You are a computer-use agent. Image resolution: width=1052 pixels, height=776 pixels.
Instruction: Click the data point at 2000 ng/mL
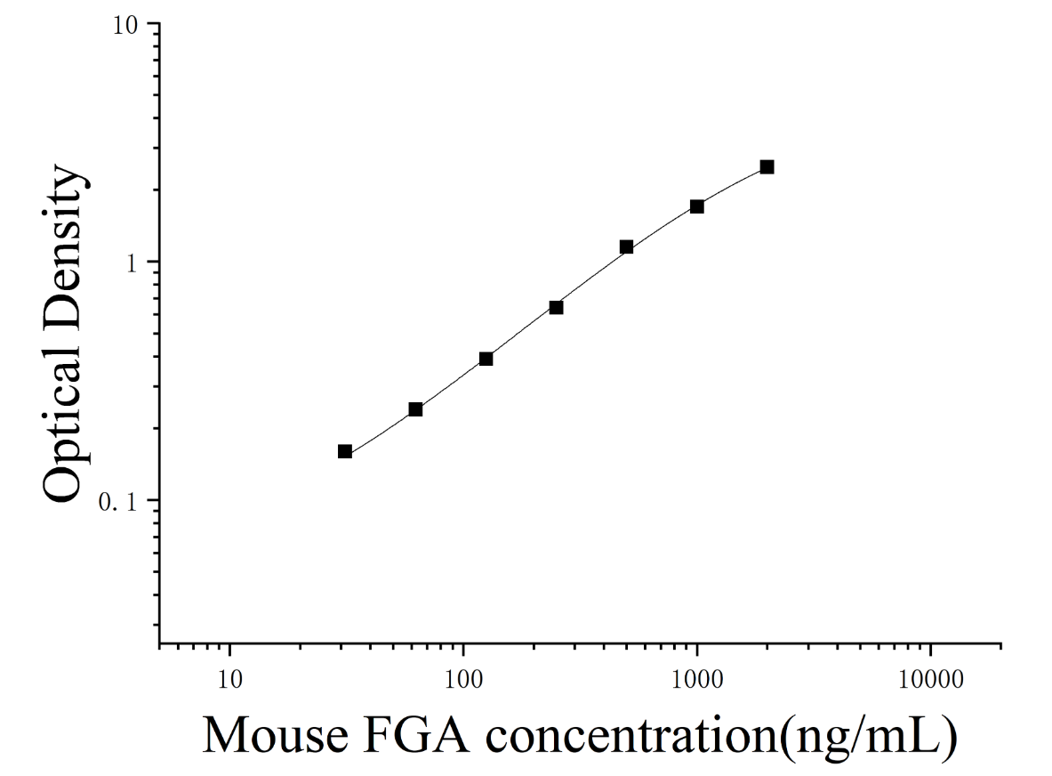coord(767,167)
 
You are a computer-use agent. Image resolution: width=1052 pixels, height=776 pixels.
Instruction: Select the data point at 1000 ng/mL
coord(697,206)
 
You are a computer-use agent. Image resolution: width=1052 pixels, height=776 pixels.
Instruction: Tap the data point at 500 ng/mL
coord(627,247)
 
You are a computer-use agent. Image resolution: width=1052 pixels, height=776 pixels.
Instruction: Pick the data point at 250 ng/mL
coord(556,307)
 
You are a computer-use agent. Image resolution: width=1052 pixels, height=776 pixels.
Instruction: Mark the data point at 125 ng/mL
coord(486,360)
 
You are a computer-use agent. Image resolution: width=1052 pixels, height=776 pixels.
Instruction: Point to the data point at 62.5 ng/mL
coord(415,409)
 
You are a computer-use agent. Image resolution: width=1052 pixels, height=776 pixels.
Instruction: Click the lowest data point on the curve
coord(345,451)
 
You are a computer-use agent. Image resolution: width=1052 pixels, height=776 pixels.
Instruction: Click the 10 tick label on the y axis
coord(124,27)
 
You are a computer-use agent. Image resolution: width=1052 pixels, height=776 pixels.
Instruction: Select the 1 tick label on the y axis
coord(132,263)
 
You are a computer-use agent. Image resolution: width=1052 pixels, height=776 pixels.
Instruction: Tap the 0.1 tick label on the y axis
coord(116,501)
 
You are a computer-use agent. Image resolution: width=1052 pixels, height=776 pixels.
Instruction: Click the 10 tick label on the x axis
coord(230,679)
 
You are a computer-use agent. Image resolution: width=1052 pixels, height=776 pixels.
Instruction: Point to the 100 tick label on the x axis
coord(463,679)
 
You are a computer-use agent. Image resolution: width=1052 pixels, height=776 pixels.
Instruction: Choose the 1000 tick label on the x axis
coord(697,679)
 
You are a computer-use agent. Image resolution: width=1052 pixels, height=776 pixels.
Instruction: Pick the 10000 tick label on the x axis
coord(930,679)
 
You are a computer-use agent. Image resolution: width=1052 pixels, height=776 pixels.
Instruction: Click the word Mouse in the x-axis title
coord(275,736)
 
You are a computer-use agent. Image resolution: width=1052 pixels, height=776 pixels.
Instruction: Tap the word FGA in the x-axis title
coord(415,736)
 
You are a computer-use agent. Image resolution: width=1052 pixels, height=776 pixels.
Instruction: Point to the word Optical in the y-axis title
coord(64,422)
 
